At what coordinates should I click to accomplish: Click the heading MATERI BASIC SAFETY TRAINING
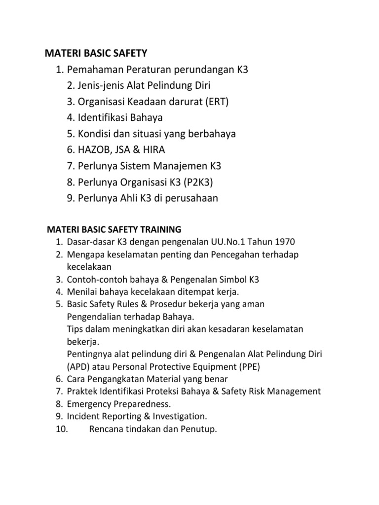[x=114, y=229]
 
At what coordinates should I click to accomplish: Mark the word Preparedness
[x=141, y=404]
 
